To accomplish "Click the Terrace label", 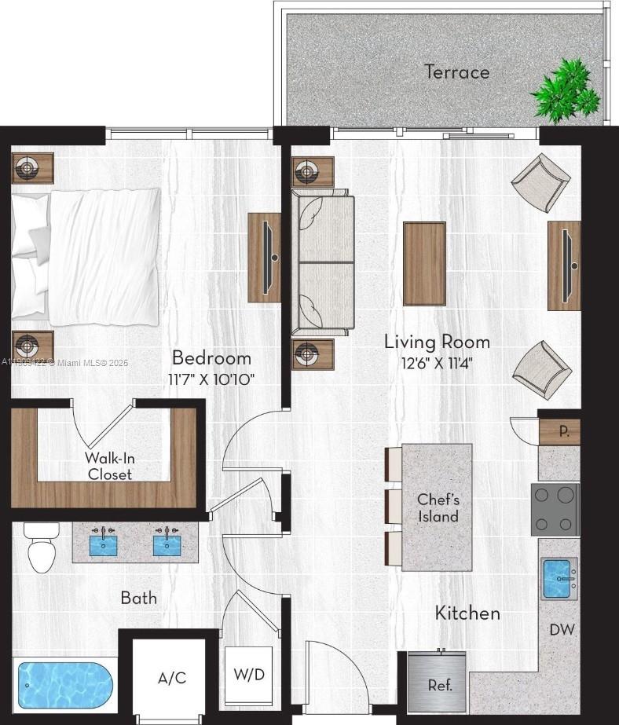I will click(x=456, y=72).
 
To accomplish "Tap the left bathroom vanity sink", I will click(x=104, y=543).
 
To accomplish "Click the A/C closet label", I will click(x=171, y=678).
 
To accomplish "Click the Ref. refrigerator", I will click(x=438, y=680).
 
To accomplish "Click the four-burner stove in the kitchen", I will click(x=556, y=508).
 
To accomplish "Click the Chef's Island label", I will click(x=438, y=507).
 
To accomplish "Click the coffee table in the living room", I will click(x=424, y=262).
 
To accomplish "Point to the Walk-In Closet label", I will click(x=109, y=466).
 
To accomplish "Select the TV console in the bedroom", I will click(x=265, y=257).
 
